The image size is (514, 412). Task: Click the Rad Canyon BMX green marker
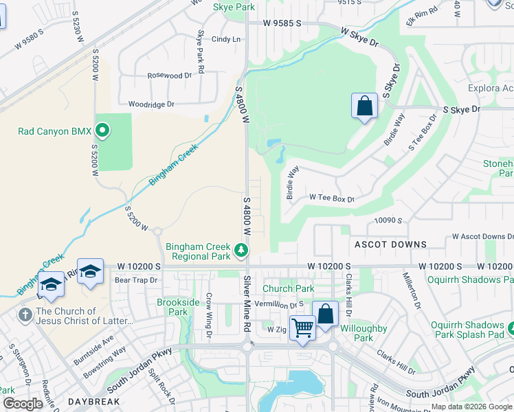[102, 130]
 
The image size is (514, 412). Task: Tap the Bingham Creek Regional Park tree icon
[241, 251]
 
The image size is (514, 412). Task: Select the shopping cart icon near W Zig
[302, 328]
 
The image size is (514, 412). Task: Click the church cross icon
[25, 315]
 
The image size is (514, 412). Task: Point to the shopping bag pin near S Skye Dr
[364, 107]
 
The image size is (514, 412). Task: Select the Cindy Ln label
[226, 40]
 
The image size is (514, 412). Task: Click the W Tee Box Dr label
[331, 198]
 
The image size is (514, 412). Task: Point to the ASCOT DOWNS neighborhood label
[390, 244]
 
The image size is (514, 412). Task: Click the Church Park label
[288, 289]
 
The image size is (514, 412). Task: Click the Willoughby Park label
[364, 333]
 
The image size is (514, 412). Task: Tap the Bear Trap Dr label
[136, 280]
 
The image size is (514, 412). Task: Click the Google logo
[23, 404]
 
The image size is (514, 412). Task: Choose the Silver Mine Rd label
[247, 305]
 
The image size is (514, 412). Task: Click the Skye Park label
[234, 7]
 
